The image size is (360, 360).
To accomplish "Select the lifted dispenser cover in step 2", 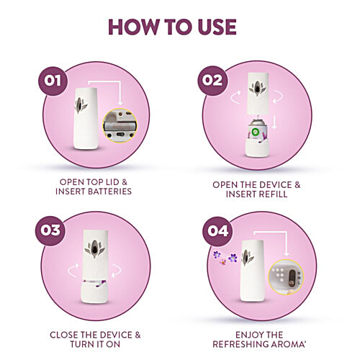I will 254,94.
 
